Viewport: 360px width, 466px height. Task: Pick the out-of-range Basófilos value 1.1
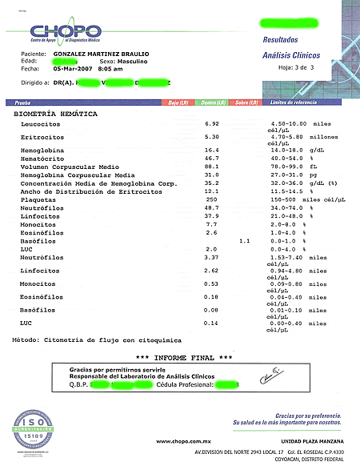[245, 240]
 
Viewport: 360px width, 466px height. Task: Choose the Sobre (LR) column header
[247, 103]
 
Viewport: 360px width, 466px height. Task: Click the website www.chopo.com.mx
[183, 441]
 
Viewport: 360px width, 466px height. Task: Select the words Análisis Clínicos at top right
[292, 55]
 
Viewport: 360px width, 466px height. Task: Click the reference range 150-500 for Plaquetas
[286, 199]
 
